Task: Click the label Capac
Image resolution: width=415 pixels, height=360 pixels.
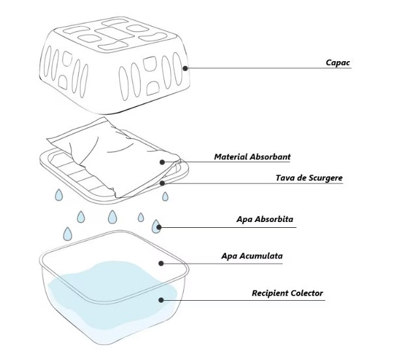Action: point(338,63)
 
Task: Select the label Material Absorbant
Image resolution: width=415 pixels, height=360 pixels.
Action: point(252,157)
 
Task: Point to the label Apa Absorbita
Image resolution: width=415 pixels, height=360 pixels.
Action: point(265,219)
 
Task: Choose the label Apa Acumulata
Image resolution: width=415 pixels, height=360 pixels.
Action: point(251,256)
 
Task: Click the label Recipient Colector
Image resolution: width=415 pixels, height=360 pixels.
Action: point(287,294)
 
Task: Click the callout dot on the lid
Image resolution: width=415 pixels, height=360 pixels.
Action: point(186,67)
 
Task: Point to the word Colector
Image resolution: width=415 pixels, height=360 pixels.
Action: point(305,294)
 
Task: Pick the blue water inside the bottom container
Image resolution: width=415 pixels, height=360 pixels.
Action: point(111,293)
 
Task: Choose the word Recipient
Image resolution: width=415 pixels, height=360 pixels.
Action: point(269,294)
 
